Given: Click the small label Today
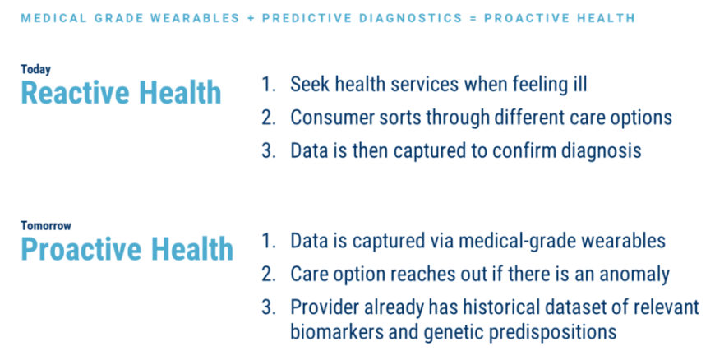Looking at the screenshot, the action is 35,69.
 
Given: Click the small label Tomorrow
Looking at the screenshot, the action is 46,225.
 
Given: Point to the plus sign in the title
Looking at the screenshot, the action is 251,18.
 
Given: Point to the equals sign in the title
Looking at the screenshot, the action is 473,18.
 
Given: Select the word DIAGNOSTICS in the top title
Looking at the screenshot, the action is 411,18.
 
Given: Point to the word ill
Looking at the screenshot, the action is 580,84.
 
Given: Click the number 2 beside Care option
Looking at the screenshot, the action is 269,275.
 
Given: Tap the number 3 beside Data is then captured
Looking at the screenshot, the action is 269,150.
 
